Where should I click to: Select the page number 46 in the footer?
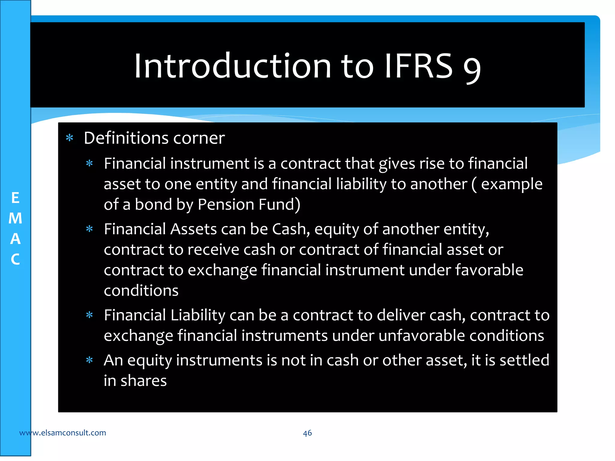[307, 433]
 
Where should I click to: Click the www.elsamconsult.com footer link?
[62, 433]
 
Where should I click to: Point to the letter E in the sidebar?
[15, 198]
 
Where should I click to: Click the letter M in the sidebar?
[15, 218]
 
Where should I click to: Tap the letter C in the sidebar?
[15, 259]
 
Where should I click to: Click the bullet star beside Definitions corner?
[70, 138]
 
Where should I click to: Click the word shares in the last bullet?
[144, 381]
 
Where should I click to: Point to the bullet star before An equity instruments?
[89, 360]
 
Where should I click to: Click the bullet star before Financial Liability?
[89, 315]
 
